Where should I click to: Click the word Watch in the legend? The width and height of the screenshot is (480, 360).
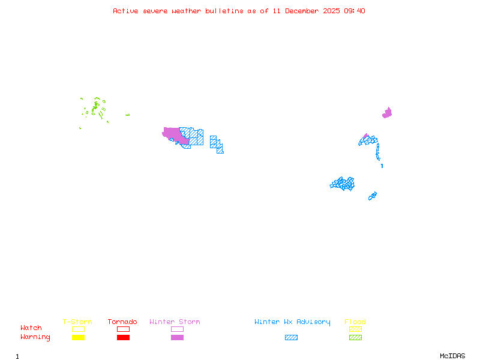(x=31, y=328)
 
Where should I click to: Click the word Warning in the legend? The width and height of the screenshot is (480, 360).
(x=35, y=337)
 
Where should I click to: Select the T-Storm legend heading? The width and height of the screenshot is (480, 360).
(x=77, y=322)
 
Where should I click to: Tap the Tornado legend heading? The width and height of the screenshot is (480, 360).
(x=122, y=322)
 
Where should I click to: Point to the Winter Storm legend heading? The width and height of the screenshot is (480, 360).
(x=175, y=322)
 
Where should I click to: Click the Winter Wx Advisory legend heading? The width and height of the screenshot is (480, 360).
(x=292, y=322)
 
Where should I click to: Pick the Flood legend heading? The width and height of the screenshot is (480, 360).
(x=355, y=322)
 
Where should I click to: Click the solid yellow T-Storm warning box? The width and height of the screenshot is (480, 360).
(x=78, y=338)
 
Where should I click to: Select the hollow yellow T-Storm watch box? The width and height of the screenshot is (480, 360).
(x=78, y=329)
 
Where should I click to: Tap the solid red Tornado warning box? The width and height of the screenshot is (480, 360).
(x=123, y=338)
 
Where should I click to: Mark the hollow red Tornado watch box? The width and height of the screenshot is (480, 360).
(x=123, y=329)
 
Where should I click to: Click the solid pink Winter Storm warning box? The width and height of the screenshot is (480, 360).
(x=177, y=338)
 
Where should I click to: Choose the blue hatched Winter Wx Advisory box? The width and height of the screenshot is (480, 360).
(x=291, y=338)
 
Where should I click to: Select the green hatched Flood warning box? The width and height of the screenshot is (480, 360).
(x=355, y=338)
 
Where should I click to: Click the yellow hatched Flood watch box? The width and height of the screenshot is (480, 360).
(x=355, y=329)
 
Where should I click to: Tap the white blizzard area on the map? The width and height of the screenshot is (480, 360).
(x=382, y=160)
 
